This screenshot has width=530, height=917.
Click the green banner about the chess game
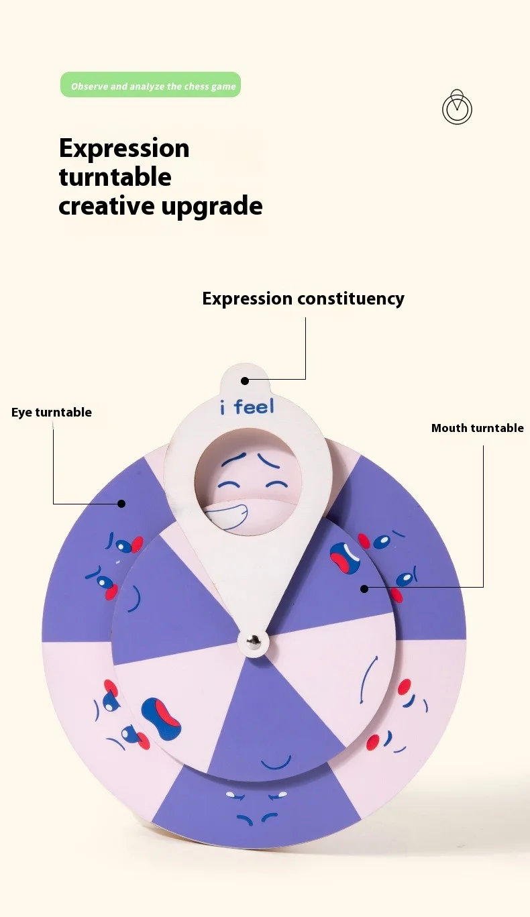(x=150, y=85)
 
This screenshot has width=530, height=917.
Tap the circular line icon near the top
(x=457, y=108)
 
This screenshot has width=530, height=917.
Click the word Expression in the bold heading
(x=124, y=148)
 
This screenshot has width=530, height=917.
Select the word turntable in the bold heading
(x=115, y=177)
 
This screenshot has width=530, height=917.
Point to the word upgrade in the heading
(x=212, y=206)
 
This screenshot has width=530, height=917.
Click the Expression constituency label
(x=303, y=299)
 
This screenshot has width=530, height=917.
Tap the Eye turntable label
(x=52, y=412)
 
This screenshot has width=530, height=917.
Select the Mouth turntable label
(x=477, y=428)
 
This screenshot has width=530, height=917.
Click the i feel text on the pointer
(x=246, y=407)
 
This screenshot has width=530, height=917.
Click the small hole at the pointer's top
(x=245, y=380)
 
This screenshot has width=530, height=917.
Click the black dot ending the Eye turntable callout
(x=122, y=503)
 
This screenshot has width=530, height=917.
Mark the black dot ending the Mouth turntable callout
(x=364, y=588)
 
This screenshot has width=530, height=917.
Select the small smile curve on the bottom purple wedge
(x=276, y=763)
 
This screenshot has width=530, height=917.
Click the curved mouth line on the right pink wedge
(x=367, y=679)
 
